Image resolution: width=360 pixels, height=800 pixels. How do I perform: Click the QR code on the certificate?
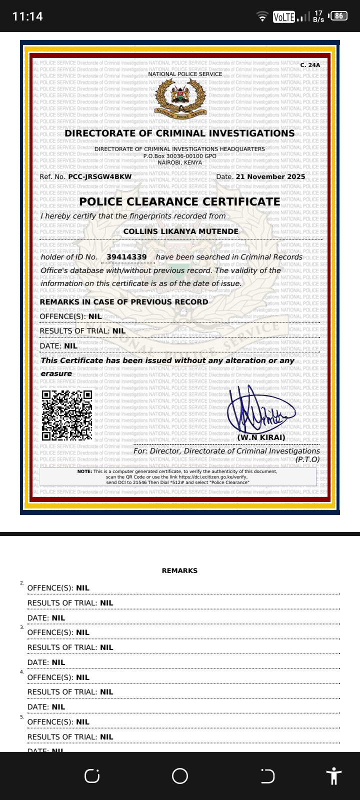point(67,415)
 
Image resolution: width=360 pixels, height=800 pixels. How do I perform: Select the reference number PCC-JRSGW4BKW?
point(100,176)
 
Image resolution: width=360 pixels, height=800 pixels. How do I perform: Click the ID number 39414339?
point(126,257)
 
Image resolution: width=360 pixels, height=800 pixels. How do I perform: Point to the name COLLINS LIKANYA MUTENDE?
point(180,231)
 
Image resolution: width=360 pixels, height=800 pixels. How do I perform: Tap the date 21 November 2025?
point(270,176)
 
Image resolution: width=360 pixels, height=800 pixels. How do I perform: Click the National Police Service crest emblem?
point(180,97)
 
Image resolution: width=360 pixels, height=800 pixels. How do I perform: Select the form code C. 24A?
point(310,65)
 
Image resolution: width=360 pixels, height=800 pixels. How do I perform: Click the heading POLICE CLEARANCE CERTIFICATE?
point(179,201)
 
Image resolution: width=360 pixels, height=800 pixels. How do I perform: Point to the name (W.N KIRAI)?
point(261,437)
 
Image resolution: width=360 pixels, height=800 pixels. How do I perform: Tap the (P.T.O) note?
point(307,459)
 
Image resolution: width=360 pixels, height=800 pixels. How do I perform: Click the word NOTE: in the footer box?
point(84,471)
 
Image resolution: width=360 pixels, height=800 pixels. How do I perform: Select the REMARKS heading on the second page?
point(179,570)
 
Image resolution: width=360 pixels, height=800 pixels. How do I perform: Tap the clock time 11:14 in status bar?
point(27,16)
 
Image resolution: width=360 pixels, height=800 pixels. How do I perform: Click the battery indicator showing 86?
point(339,16)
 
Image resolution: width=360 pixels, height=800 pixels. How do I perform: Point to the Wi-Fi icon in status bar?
point(262,16)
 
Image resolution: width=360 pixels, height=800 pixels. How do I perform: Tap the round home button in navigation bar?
point(180,776)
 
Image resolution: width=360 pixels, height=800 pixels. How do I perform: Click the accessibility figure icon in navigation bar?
point(333,776)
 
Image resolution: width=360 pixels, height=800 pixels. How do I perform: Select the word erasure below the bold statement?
point(56,373)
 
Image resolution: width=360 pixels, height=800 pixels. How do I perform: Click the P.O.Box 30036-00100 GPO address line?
point(180,156)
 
